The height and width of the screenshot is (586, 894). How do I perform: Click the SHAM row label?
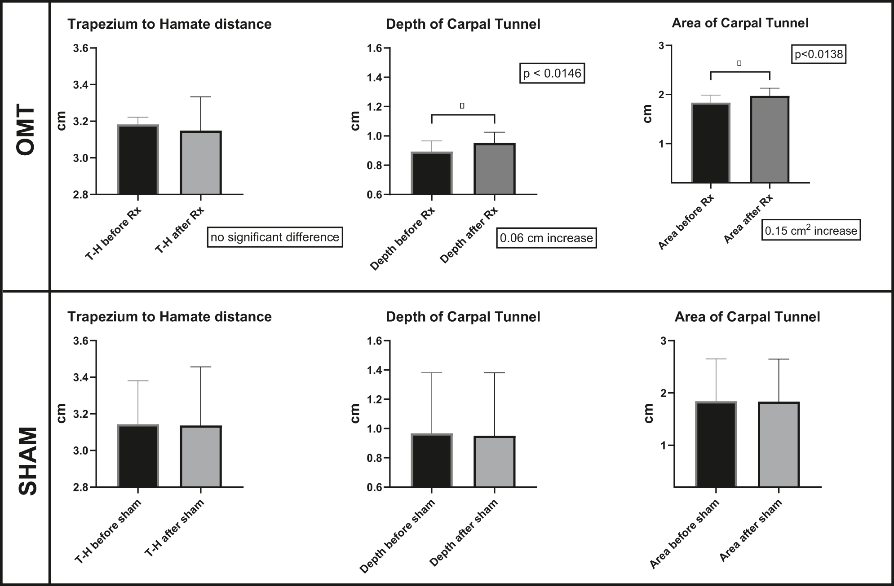[x=28, y=461]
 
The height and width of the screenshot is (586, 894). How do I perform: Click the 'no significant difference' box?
[x=274, y=237]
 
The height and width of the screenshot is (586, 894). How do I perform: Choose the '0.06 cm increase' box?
[x=546, y=238]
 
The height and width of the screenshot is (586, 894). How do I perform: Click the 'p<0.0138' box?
[x=819, y=55]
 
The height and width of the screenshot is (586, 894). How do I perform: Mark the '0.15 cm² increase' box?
[x=811, y=231]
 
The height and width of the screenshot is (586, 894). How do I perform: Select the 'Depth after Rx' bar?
[x=494, y=169]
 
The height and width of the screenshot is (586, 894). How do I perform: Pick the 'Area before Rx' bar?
[x=711, y=143]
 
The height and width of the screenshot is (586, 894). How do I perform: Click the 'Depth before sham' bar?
[x=432, y=461]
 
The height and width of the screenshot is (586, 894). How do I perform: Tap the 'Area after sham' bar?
[x=779, y=445]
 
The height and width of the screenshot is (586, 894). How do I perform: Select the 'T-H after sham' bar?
[x=201, y=457]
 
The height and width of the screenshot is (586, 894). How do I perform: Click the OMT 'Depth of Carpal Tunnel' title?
[x=463, y=24]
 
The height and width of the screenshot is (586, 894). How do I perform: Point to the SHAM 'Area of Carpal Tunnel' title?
[x=747, y=317]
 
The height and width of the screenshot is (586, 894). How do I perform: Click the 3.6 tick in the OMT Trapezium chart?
[x=81, y=48]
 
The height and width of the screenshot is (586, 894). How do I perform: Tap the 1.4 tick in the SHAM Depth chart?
[x=376, y=370]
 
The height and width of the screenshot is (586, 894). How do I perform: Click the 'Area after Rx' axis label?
[x=748, y=219]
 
